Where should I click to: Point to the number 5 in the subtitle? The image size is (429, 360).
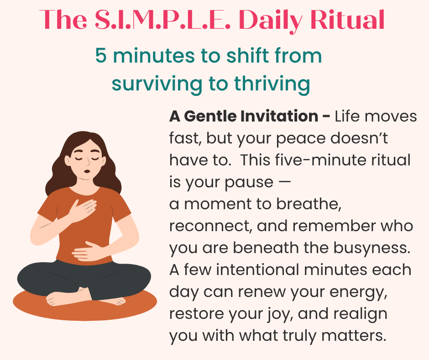click(x=101, y=56)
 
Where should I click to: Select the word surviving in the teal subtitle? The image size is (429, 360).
click(x=157, y=84)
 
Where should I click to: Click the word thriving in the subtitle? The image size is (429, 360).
click(x=272, y=84)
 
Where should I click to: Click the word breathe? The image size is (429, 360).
click(x=309, y=204)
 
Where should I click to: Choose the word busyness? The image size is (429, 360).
click(x=372, y=248)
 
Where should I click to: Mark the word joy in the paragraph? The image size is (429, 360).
click(x=280, y=314)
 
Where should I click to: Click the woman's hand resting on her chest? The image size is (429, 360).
click(x=83, y=210)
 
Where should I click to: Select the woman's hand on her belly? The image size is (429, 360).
click(x=88, y=251)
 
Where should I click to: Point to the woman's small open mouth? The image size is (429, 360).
click(x=87, y=171)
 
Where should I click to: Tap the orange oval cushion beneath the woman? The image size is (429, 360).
click(x=85, y=305)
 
